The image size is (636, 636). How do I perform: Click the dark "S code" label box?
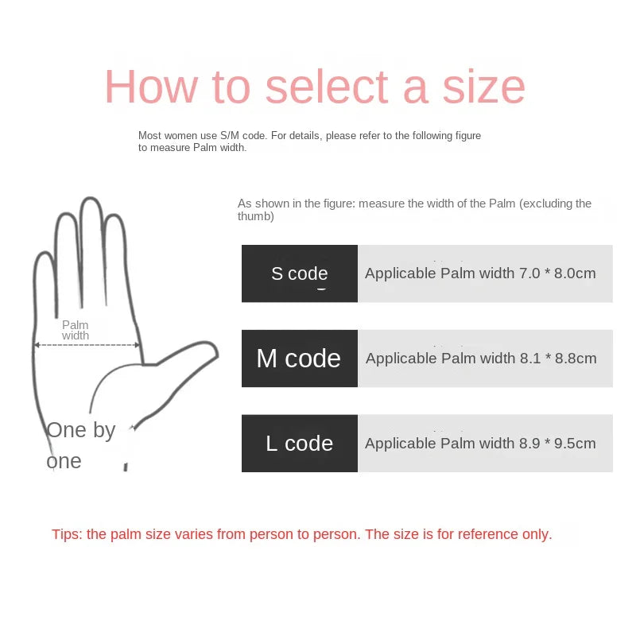300,273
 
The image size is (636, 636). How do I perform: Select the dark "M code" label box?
299,359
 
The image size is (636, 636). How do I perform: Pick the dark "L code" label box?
300,444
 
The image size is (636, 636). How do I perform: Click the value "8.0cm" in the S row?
574,273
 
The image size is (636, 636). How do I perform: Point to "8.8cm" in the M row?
575,359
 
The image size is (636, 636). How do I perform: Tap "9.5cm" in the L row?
574,444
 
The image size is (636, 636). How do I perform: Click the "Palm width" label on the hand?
76,330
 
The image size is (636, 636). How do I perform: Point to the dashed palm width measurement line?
87,345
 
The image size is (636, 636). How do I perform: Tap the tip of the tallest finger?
91,200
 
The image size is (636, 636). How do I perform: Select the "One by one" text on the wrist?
80,445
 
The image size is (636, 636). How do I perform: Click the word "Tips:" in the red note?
68,534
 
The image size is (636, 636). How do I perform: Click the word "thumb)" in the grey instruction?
256,216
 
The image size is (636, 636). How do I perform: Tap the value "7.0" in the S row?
529,273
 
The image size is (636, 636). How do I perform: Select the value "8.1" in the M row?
530,359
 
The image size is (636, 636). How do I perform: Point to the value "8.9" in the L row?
530,444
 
